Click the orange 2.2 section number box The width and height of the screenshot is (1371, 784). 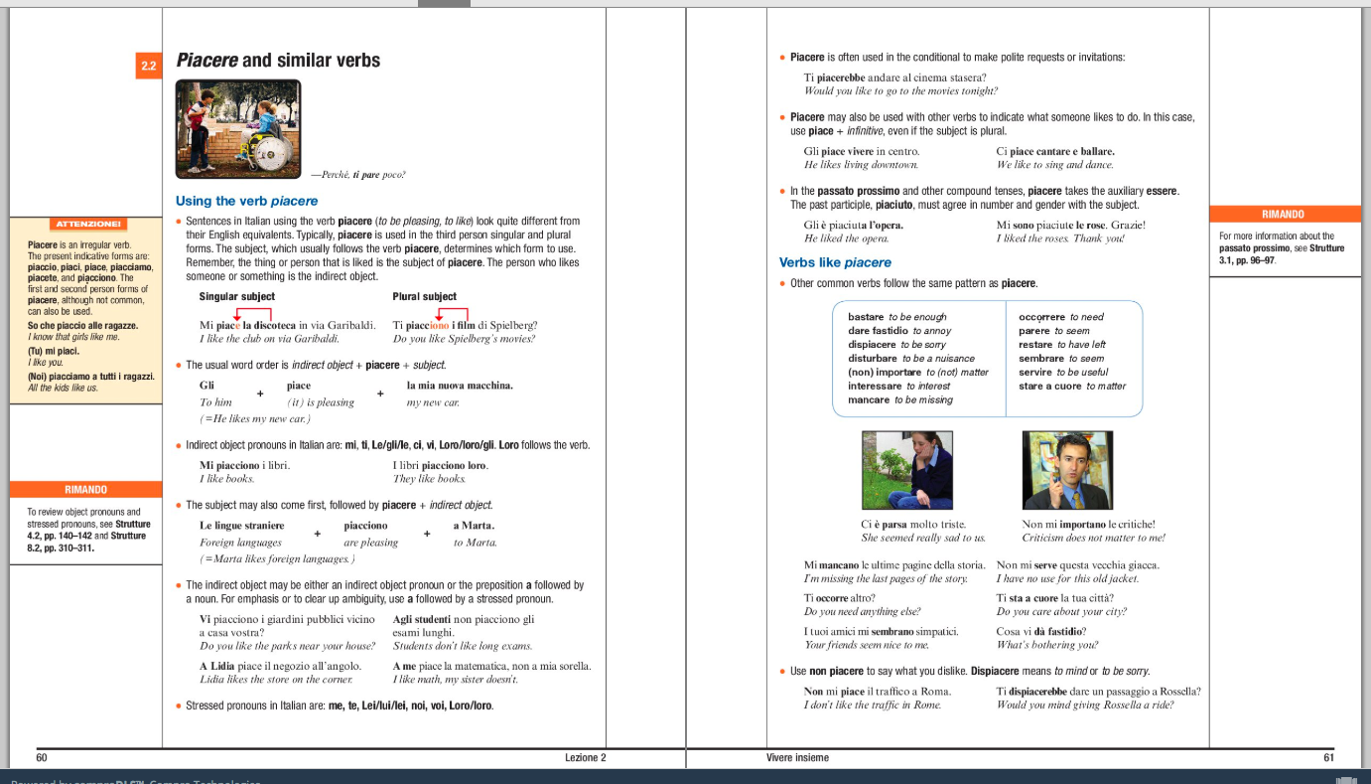149,67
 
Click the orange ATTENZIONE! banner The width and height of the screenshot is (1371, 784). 87,225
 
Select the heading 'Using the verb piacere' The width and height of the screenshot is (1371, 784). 246,201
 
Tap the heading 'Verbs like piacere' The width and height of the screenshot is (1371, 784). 835,262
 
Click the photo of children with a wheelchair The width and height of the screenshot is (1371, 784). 237,129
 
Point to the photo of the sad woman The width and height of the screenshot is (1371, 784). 906,470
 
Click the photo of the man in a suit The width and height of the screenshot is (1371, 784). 1067,470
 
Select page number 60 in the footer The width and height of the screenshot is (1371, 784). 42,757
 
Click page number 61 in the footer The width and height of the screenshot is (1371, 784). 1328,757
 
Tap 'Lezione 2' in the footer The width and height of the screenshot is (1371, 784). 585,757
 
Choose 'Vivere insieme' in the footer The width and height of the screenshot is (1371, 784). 797,757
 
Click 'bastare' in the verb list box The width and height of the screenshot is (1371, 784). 866,317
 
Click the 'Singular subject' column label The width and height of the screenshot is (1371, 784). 236,296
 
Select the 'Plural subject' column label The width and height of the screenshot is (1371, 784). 424,296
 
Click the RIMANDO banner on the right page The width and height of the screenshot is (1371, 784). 1283,214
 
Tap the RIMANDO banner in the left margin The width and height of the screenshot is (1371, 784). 85,489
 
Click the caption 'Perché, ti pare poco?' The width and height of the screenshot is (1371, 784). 357,175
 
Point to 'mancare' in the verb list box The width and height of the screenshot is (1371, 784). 869,399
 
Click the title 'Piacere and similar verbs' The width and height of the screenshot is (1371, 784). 278,61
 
